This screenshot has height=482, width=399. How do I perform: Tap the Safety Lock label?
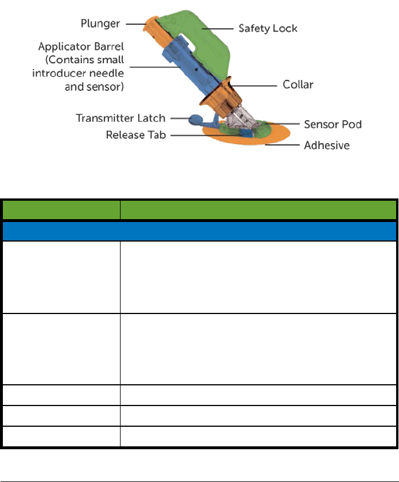(269, 28)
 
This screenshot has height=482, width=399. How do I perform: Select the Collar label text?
(298, 85)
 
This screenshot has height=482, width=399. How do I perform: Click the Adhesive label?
(327, 146)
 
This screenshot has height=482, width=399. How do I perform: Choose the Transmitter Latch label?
(121, 118)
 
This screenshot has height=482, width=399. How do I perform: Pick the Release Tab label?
(135, 136)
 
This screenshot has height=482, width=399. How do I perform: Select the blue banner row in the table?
(199, 231)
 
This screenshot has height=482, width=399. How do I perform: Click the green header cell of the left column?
(60, 209)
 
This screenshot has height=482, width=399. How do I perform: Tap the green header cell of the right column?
(258, 209)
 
